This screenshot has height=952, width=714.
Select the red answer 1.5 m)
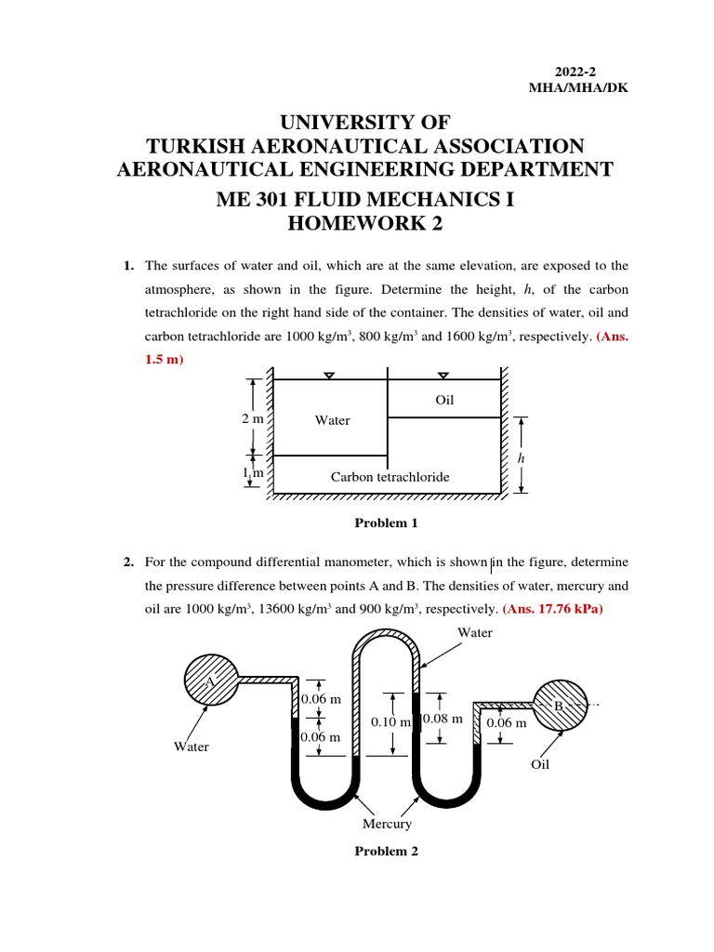coord(165,360)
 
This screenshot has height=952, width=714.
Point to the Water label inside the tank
coord(332,420)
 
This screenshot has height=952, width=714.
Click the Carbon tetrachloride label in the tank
coord(390,477)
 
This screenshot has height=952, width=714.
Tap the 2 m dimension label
coord(253,419)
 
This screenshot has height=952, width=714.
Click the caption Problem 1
coord(386,523)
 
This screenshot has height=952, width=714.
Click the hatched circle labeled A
coord(211,681)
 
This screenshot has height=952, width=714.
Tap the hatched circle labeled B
coord(559,707)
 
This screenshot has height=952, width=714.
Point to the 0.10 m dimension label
coord(390,722)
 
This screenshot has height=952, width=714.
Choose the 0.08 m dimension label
coord(443,719)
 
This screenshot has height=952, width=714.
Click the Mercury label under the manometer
coord(388,824)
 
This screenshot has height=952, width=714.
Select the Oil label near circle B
coord(540,764)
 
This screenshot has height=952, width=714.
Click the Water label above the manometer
coord(474,633)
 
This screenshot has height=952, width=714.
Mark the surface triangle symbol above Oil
coord(443,376)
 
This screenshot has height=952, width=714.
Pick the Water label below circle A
coord(191,746)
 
